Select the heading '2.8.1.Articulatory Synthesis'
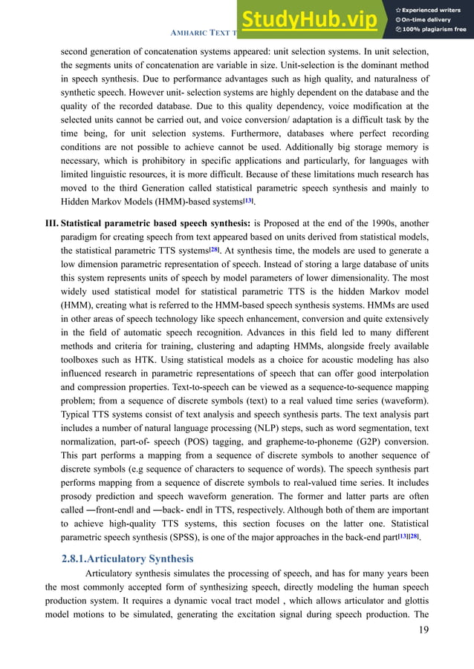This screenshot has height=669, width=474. (x=129, y=558)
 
